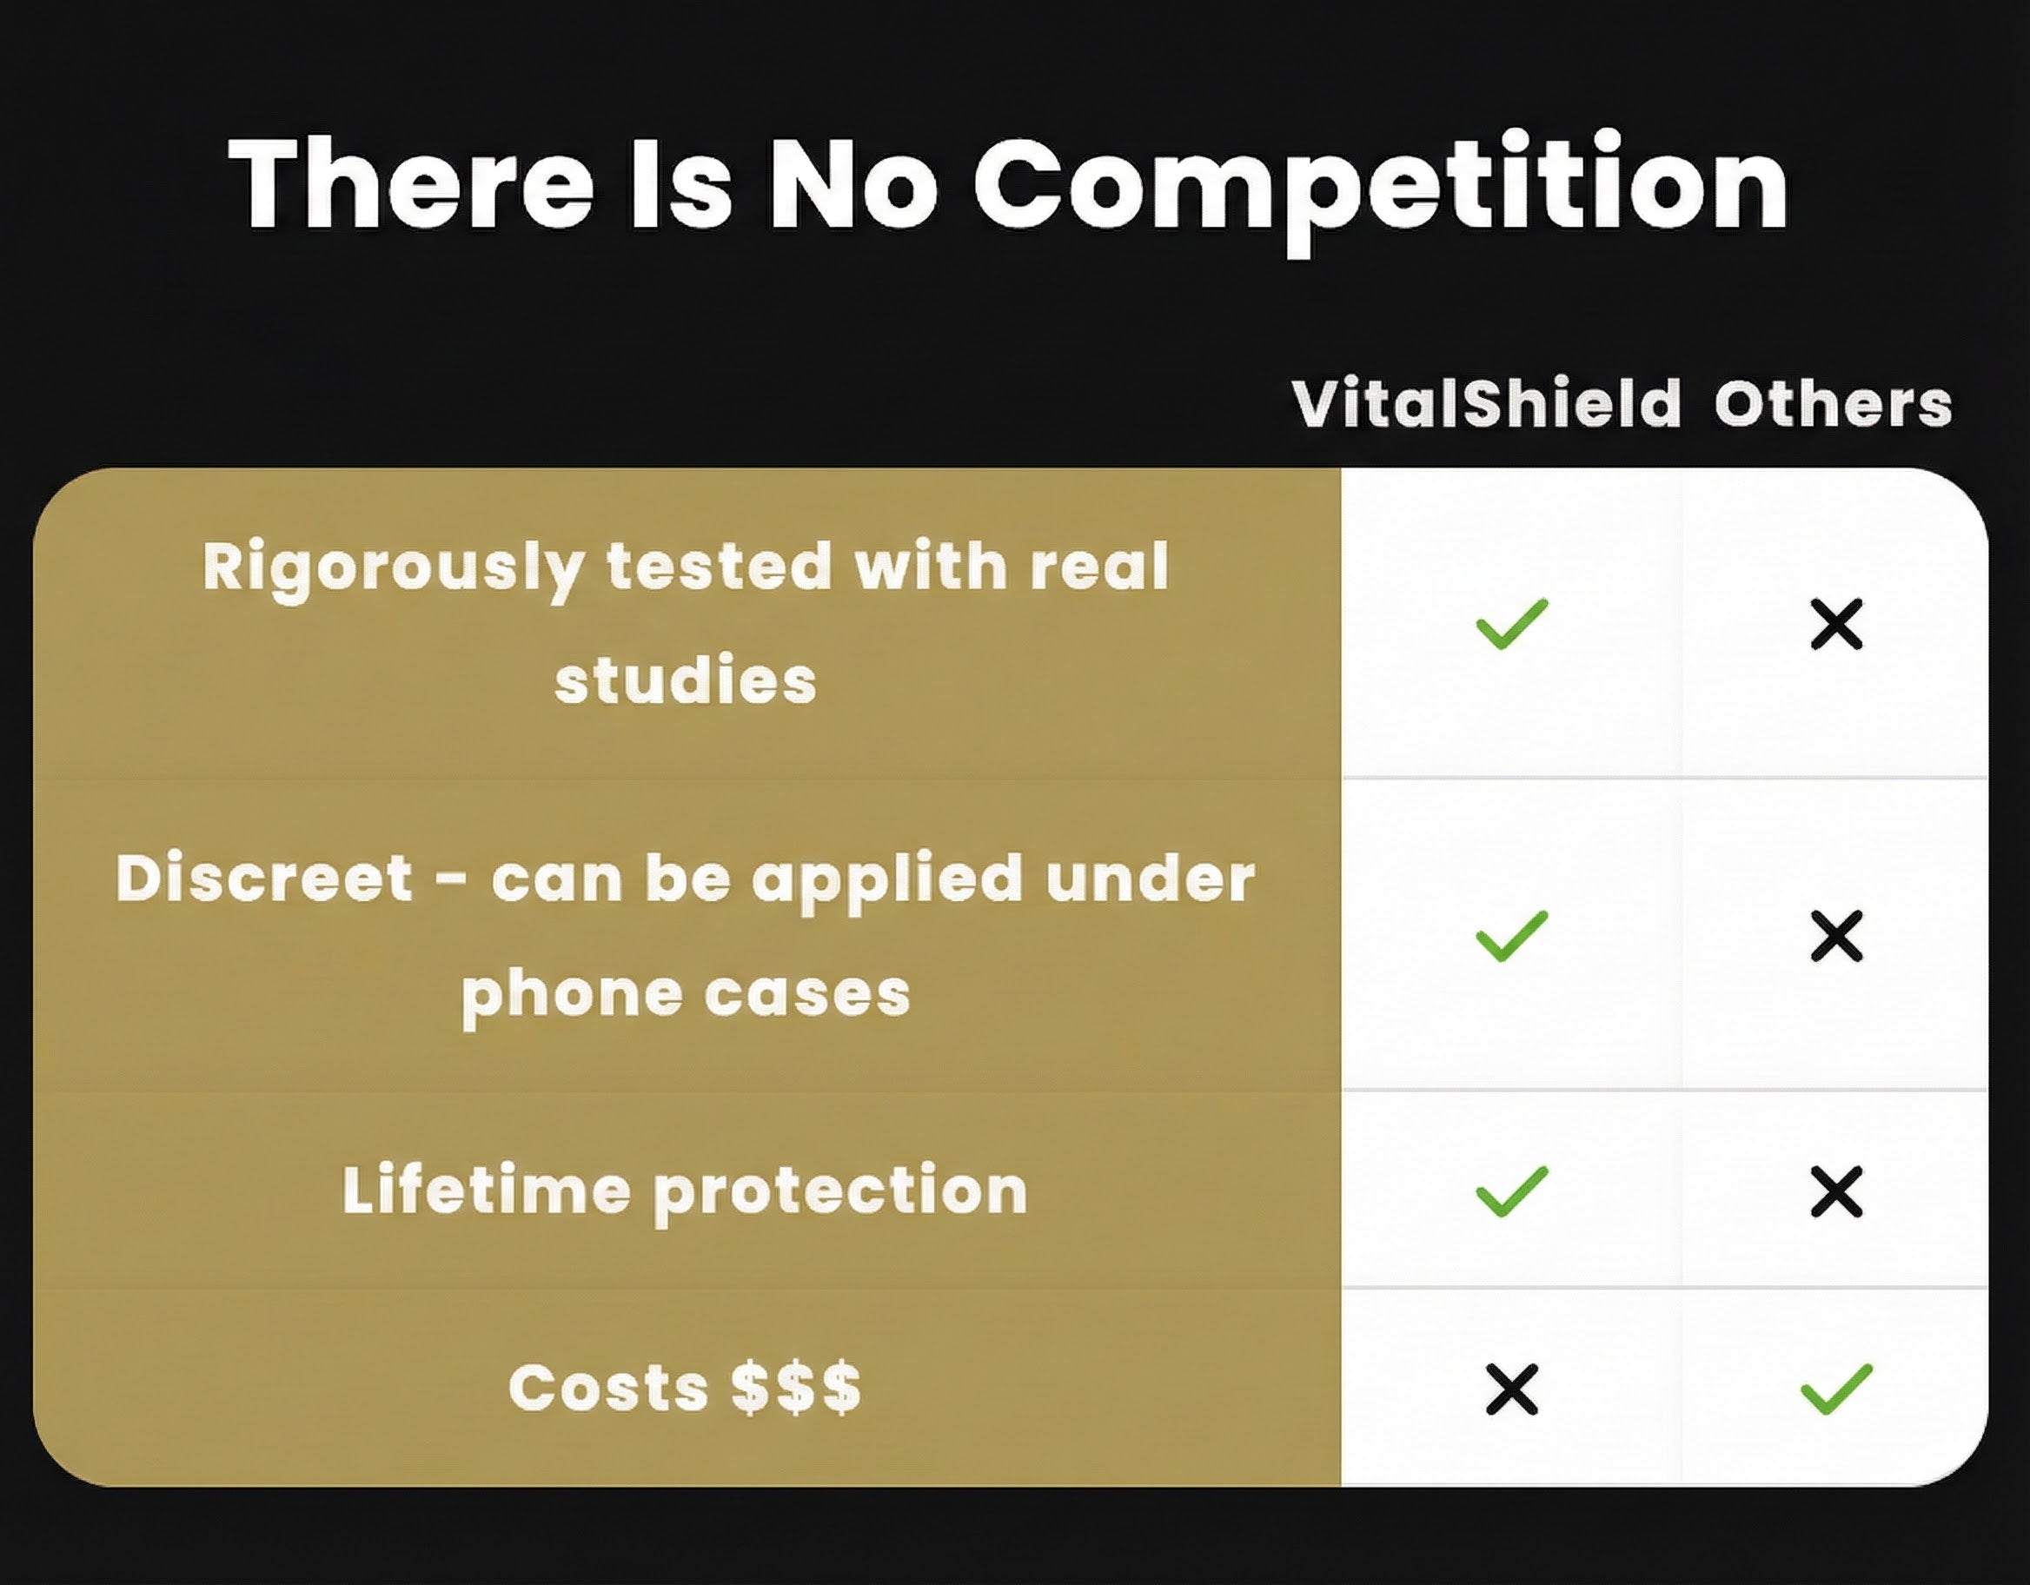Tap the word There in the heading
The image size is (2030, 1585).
411,182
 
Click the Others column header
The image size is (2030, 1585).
1833,404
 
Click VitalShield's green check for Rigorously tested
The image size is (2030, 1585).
1512,623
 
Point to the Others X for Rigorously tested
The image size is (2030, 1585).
1837,624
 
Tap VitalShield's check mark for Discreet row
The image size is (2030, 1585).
1512,935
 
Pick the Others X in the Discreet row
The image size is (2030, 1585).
1837,935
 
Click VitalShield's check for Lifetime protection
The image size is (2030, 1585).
1512,1190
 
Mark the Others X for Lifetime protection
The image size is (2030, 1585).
1837,1190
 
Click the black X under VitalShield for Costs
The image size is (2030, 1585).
1512,1389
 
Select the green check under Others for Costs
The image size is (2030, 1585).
1837,1389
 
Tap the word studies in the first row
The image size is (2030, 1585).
686,680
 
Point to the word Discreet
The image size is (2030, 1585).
265,878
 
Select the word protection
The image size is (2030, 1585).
841,1194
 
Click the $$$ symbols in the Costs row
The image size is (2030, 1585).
796,1388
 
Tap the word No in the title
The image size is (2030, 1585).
852,183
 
